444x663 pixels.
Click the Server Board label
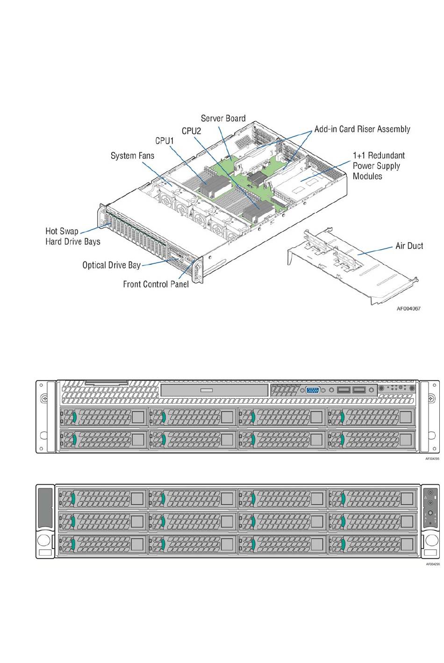(x=223, y=119)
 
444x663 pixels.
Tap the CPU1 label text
(x=165, y=141)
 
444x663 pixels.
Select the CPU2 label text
(x=191, y=131)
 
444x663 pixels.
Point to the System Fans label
(x=132, y=155)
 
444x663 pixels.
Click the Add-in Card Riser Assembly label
(x=362, y=129)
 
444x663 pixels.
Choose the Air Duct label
(x=409, y=246)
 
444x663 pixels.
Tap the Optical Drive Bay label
(x=111, y=265)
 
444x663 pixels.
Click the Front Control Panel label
(x=156, y=284)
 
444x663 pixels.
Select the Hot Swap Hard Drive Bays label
(x=73, y=236)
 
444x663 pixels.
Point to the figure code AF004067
(x=408, y=309)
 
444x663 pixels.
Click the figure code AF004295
(x=432, y=459)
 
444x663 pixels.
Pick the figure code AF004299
(x=433, y=564)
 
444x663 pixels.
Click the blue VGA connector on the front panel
(x=313, y=390)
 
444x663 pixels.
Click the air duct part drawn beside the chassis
(x=352, y=267)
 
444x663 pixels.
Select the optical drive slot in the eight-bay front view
(x=214, y=390)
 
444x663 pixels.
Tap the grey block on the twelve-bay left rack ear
(x=45, y=508)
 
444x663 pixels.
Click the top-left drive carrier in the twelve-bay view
(x=103, y=499)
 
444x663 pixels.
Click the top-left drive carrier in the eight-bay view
(x=103, y=417)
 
